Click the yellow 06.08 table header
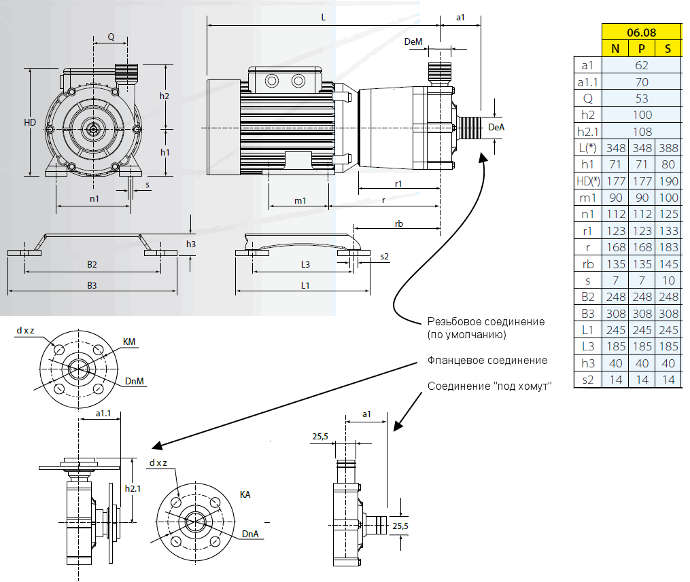coord(642,32)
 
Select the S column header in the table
coord(668,48)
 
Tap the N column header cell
coord(615,48)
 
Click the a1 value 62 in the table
coord(642,65)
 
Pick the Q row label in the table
coord(588,98)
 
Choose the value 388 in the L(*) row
coord(668,148)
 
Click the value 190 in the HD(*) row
coord(668,181)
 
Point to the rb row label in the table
coord(588,263)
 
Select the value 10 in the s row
coord(668,280)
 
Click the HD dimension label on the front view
coord(29,122)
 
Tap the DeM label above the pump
coord(413,41)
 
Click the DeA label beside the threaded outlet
coord(496,127)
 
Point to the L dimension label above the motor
coord(324,18)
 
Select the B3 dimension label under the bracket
coord(92,285)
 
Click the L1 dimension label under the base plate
coord(305,285)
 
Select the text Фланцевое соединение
coord(487,361)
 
